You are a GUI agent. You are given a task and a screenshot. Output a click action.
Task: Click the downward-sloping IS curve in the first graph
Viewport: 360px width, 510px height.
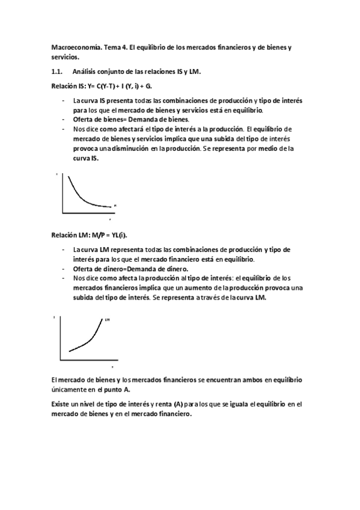pyautogui.click(x=81, y=191)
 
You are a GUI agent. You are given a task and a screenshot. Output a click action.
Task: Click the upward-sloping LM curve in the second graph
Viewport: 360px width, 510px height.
pyautogui.click(x=90, y=342)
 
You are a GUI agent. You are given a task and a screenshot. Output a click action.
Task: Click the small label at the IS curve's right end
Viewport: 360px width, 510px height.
pyautogui.click(x=114, y=206)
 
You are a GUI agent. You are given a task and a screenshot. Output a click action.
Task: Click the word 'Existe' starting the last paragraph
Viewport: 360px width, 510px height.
pyautogui.click(x=59, y=404)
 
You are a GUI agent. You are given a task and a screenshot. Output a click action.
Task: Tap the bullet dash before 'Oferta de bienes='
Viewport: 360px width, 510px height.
pyautogui.click(x=64, y=119)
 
